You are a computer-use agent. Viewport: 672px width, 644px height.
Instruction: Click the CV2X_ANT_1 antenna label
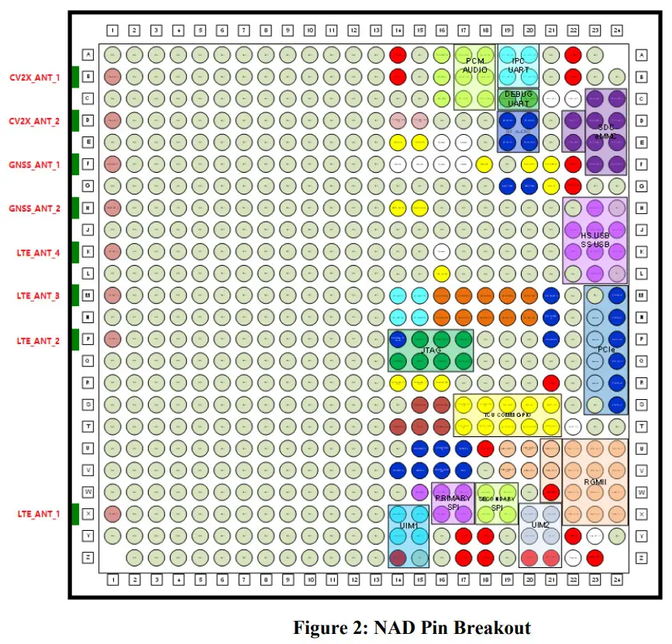coord(34,77)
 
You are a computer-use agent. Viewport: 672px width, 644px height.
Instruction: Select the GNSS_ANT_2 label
coord(34,208)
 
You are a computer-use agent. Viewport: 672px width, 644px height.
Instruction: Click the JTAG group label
coord(430,350)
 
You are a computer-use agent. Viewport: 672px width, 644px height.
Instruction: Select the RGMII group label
coord(595,481)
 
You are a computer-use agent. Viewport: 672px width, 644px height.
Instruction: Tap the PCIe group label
coord(606,350)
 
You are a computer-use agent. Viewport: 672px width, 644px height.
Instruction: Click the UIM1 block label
coord(408,525)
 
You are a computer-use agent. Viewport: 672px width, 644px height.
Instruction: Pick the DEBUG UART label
coord(518,98)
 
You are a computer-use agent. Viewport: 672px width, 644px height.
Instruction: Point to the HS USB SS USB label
coord(594,239)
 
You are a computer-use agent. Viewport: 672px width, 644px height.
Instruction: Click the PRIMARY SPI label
coord(452,503)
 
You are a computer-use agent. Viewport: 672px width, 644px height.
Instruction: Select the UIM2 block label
coord(540,525)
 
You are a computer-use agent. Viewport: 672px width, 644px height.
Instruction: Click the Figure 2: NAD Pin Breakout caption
coord(412,627)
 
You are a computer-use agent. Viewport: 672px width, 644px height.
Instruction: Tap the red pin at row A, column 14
coord(398,54)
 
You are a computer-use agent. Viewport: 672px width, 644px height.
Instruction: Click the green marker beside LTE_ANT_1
coord(75,514)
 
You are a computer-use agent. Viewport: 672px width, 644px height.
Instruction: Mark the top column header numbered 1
coord(112,30)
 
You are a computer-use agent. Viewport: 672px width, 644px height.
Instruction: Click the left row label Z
coord(88,558)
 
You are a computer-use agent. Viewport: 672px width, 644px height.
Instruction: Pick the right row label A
coord(641,54)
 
